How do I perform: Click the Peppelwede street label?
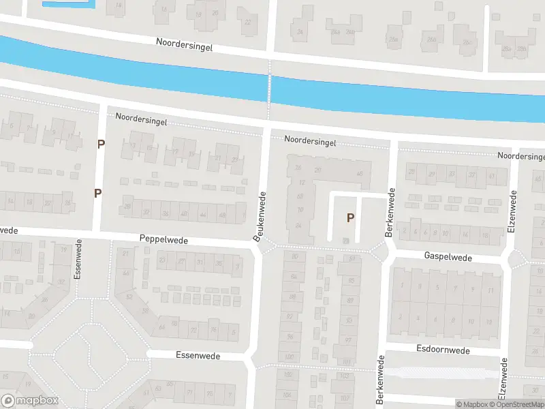pos(163,240)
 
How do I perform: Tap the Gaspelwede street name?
pos(448,257)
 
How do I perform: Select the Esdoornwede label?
pos(443,350)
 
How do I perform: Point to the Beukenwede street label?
pos(259,216)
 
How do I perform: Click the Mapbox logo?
pos(30,401)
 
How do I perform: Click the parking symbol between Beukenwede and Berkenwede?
pos(351,218)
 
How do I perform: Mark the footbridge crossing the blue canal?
pos(269,88)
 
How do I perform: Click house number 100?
pos(290,357)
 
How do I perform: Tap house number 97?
pos(348,340)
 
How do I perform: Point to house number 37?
pos(471,175)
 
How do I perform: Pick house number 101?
pos(347,362)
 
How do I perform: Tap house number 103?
pos(345,376)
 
